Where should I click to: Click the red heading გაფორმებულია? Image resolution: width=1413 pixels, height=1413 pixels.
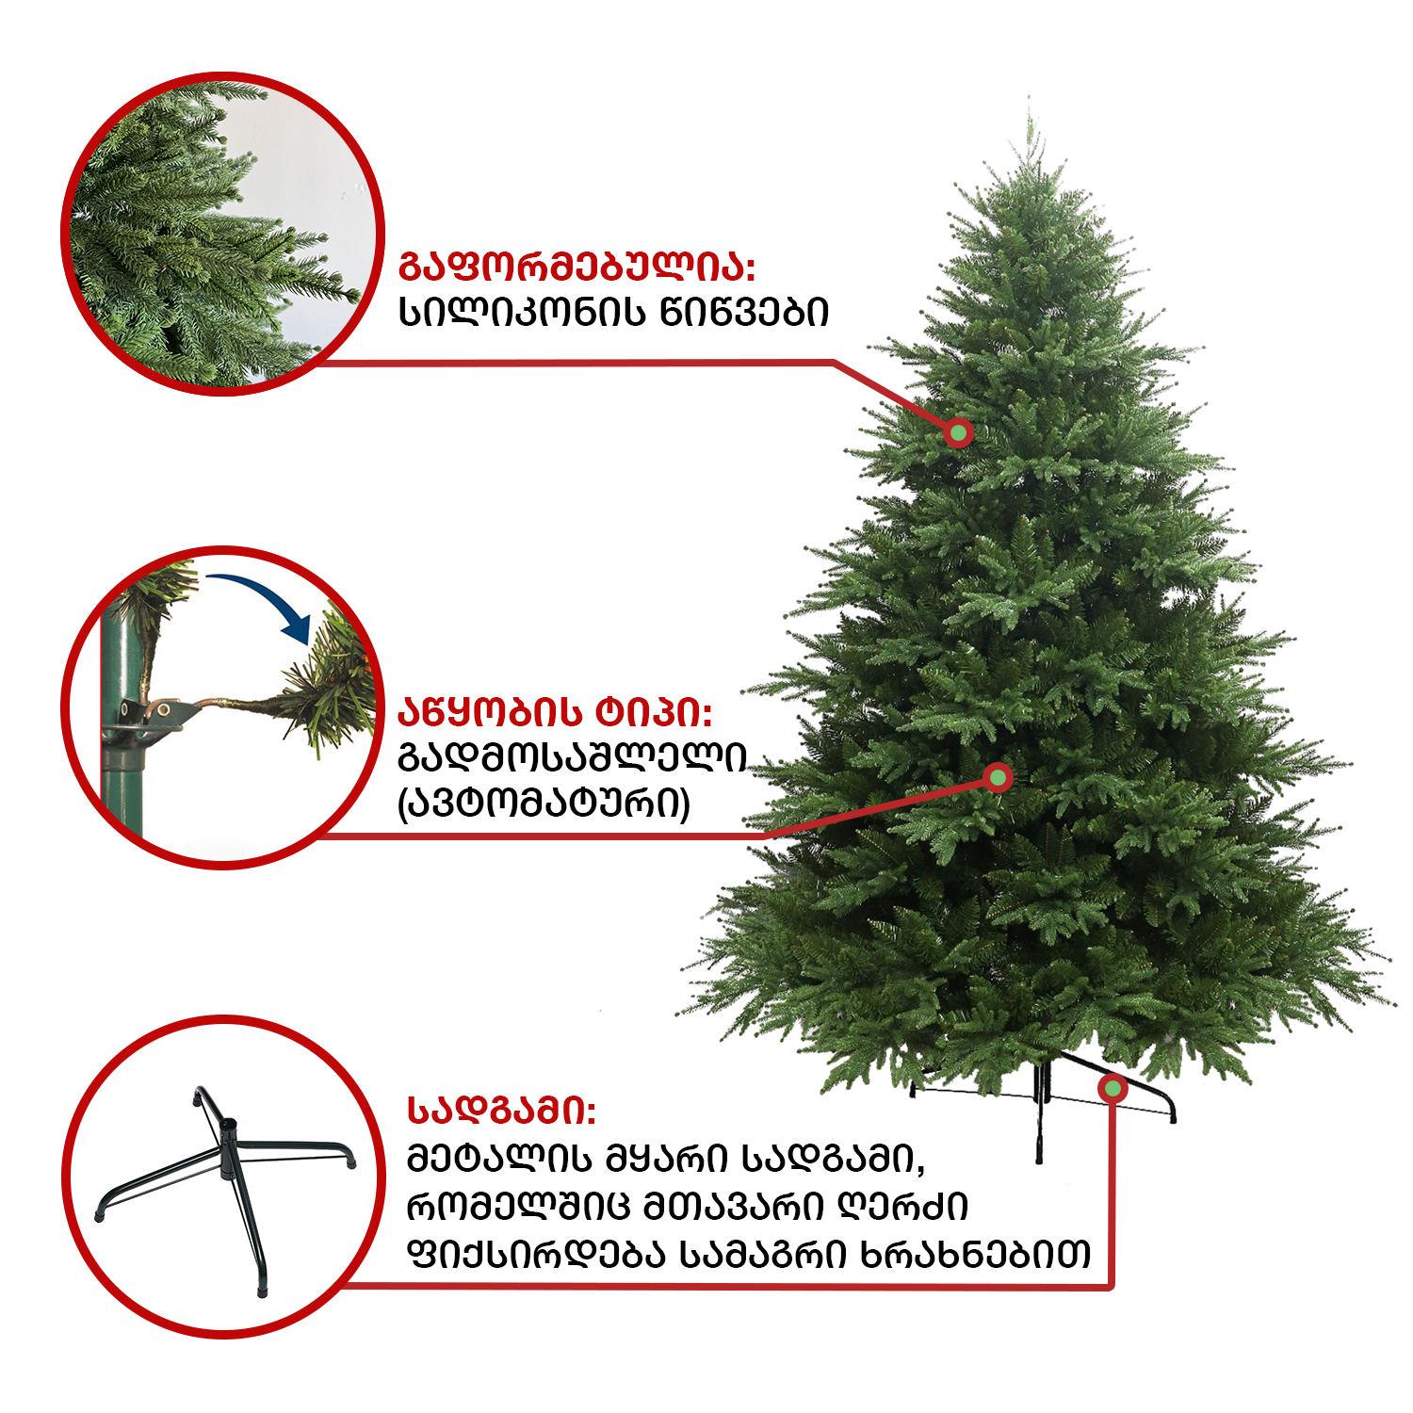click(x=577, y=267)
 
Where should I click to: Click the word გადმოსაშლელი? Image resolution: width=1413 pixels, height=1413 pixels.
click(x=573, y=757)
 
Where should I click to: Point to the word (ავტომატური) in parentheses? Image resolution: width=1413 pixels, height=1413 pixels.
click(x=544, y=804)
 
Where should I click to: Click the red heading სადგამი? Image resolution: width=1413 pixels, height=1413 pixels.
click(x=501, y=1111)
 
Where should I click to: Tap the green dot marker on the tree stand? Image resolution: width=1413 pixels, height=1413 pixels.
click(x=1113, y=1089)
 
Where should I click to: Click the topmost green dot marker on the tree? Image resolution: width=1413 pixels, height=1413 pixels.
click(x=959, y=432)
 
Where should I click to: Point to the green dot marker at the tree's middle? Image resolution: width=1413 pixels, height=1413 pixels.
click(x=998, y=777)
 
